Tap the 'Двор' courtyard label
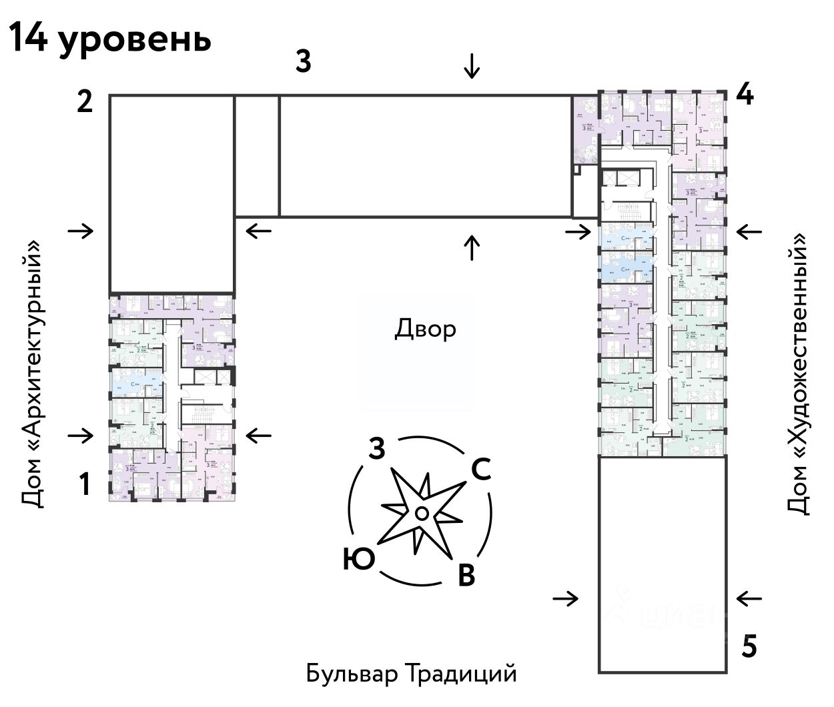coord(425,329)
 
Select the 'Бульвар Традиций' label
coord(412,673)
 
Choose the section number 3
coord(303,61)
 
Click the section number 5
coord(749,647)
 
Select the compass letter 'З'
coord(377,450)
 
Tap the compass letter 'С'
coord(481,470)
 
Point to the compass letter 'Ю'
coord(358,559)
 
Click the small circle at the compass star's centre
coord(421,512)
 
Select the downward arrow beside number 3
coord(472,66)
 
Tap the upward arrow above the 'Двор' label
coord(472,247)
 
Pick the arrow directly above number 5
coord(749,599)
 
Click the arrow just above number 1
coord(81,436)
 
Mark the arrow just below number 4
coord(749,231)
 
